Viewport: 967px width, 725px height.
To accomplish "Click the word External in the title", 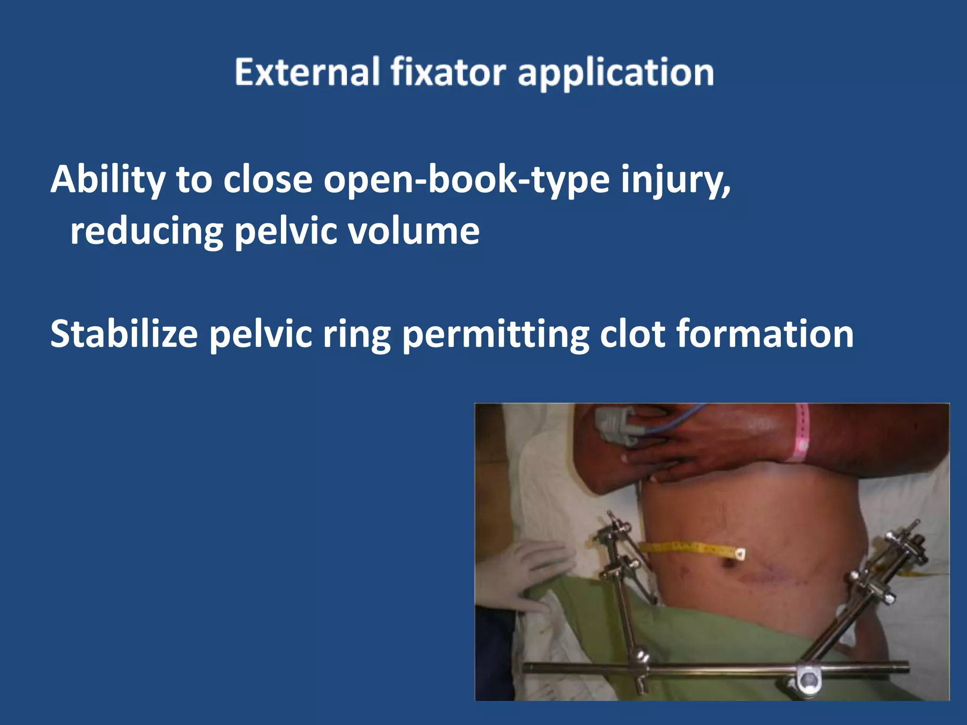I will click(x=307, y=72).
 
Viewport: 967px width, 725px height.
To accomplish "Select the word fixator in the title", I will click(x=448, y=72).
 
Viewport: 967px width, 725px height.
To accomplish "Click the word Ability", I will click(x=108, y=180).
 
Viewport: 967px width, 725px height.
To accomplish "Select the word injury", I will click(x=676, y=180).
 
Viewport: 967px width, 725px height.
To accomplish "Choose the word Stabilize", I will click(x=124, y=334).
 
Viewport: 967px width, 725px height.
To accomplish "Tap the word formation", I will click(x=765, y=334).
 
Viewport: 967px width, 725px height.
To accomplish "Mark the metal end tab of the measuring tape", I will click(x=740, y=553).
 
